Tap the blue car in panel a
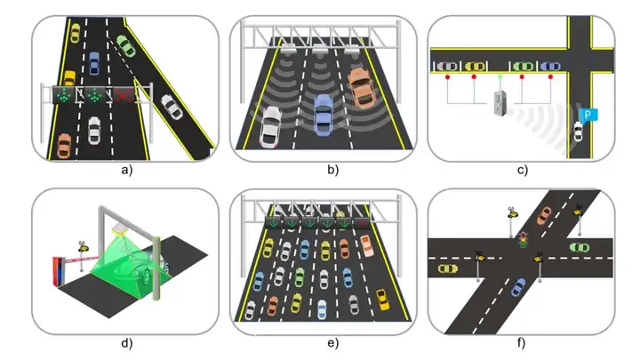click(x=94, y=62)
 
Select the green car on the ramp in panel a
click(x=125, y=46)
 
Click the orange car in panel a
click(x=63, y=145)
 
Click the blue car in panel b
click(x=324, y=109)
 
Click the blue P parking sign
click(x=587, y=114)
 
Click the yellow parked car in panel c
click(x=476, y=65)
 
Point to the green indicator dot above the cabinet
click(x=500, y=77)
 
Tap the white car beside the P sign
click(x=578, y=132)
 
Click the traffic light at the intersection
click(x=524, y=239)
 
